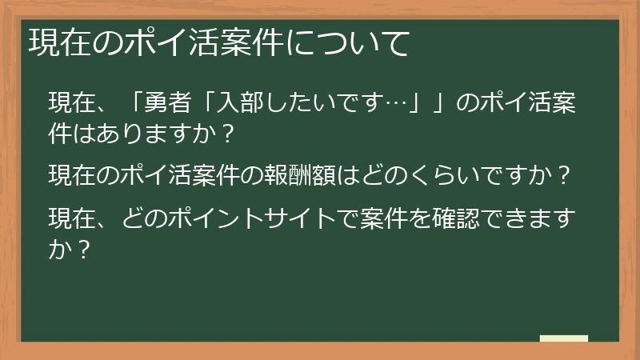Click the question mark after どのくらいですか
[565, 174]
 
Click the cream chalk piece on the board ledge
[563, 338]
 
